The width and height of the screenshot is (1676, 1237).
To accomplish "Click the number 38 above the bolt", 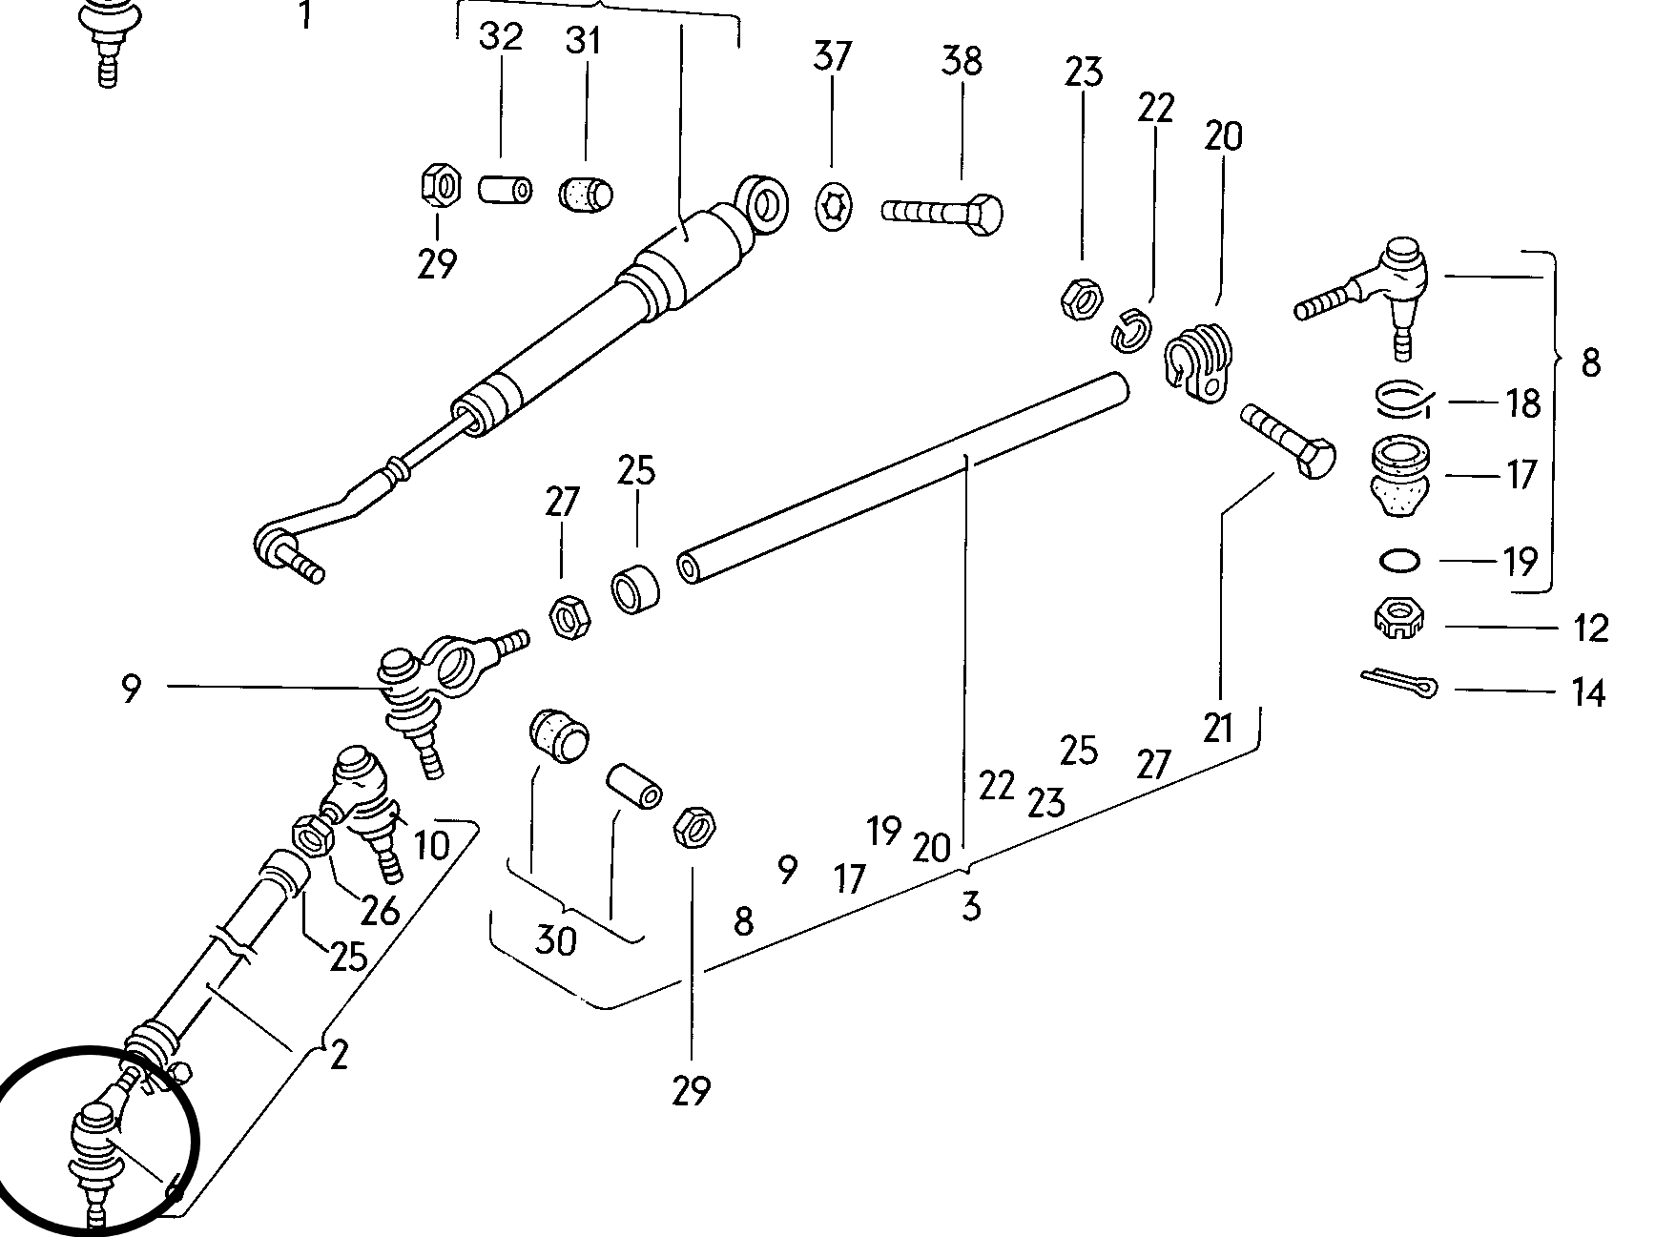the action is (961, 60).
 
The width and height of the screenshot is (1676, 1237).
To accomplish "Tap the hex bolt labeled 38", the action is (941, 212).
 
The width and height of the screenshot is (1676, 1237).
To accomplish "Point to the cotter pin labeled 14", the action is (1398, 684).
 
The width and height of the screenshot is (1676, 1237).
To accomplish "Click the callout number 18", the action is (1523, 402).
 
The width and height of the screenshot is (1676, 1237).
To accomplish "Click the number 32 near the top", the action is (501, 36).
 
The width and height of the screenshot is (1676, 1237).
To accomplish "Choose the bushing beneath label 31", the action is (585, 194).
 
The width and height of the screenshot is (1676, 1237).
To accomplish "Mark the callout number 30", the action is (555, 940).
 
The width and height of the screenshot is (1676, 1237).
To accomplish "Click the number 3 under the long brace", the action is (970, 905).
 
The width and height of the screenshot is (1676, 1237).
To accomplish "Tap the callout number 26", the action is (379, 911).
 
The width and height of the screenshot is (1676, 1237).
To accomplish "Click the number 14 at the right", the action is (1587, 692).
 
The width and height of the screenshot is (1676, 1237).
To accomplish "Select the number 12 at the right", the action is (1589, 628).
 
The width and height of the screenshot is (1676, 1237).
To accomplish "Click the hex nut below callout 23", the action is (1080, 300).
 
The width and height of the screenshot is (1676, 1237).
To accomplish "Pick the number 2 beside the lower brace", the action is (339, 1055).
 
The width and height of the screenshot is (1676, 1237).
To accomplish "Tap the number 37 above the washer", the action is (832, 56).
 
